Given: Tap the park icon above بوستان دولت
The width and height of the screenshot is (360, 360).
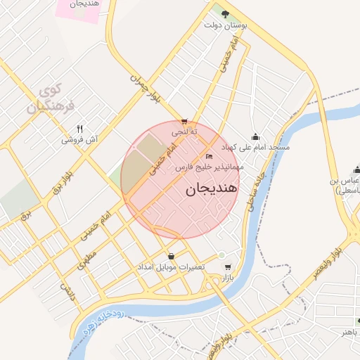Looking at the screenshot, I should [224, 13].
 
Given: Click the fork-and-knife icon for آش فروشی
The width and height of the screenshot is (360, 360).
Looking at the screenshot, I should [80, 129].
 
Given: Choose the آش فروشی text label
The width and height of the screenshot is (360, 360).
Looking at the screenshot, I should [79, 140].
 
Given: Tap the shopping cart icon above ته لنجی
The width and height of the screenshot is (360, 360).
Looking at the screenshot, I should [184, 121].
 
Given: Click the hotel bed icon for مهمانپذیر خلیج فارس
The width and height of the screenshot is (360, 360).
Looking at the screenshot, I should [209, 156].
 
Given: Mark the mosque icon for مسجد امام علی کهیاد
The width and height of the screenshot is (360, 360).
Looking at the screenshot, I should [255, 136].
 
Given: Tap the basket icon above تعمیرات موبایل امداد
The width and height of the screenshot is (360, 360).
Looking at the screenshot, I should [172, 256].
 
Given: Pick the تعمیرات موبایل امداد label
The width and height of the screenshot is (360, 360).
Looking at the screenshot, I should [172, 268].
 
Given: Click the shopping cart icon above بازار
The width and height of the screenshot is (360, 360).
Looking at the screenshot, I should [227, 267].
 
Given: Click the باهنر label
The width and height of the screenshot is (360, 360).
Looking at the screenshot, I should [350, 330].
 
